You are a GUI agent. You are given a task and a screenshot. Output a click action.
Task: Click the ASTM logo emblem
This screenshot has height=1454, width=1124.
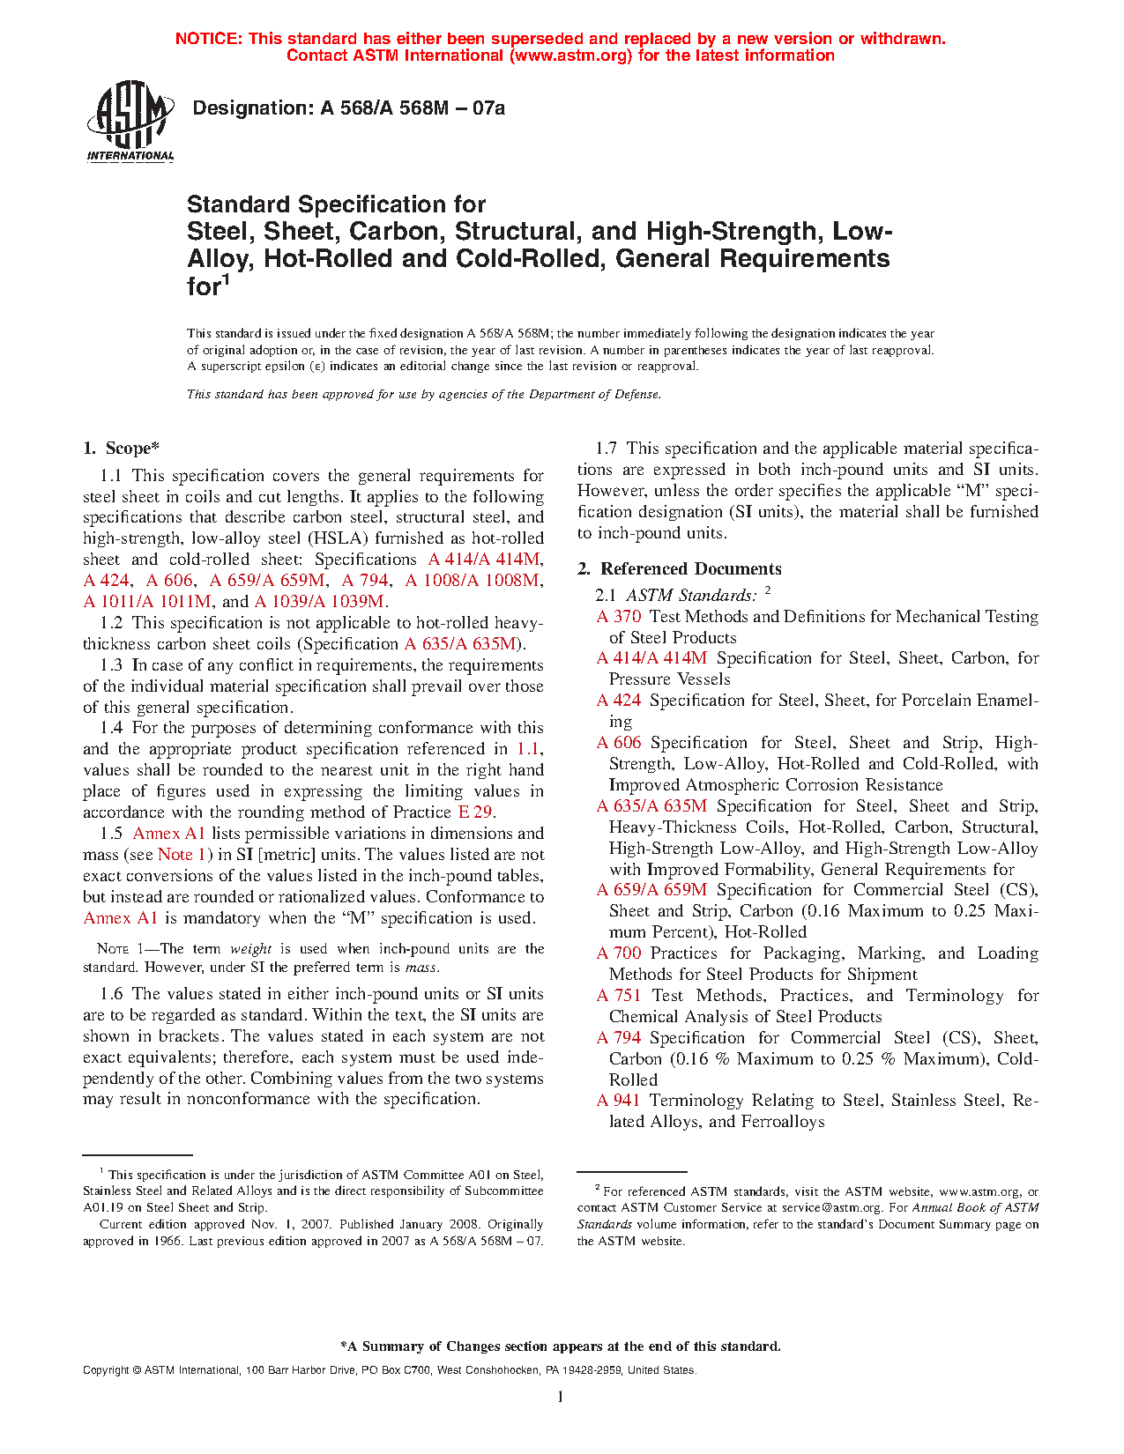click(130, 120)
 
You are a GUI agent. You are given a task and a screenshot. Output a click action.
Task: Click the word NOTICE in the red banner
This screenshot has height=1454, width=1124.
click(208, 39)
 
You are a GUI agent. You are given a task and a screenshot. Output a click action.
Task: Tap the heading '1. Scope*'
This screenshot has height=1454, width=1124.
click(122, 449)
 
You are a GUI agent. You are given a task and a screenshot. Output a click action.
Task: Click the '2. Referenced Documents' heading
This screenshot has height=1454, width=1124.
click(680, 569)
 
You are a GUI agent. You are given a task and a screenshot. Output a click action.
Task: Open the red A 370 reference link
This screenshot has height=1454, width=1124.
click(619, 617)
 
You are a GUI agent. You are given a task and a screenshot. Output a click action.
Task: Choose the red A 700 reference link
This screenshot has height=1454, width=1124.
click(619, 953)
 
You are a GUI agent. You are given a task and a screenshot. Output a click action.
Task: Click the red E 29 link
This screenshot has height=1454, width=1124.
click(474, 812)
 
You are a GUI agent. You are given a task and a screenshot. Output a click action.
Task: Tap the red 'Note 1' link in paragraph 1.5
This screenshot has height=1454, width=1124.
click(182, 855)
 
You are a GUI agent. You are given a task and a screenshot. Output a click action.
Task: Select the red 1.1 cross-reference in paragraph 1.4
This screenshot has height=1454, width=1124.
click(527, 749)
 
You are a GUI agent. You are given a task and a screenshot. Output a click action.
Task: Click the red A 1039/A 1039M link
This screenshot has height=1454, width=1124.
click(319, 602)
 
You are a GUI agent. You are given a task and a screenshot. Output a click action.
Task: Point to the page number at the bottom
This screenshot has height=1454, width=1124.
click(561, 1397)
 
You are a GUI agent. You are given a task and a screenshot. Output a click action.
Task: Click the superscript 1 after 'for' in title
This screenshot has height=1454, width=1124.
click(227, 280)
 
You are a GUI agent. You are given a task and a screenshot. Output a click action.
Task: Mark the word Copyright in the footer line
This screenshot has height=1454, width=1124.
click(106, 1370)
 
